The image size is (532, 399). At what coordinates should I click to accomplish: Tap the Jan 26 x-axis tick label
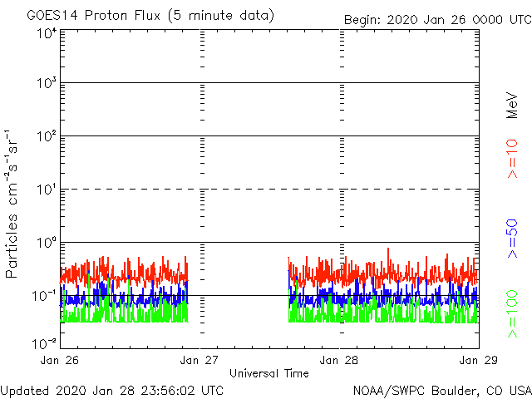pyautogui.click(x=61, y=360)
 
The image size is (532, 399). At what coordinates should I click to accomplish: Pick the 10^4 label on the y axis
pyautogui.click(x=45, y=33)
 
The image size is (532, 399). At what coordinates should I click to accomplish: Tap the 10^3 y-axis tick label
pyautogui.click(x=45, y=85)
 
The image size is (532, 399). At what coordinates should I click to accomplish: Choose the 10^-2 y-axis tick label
pyautogui.click(x=43, y=342)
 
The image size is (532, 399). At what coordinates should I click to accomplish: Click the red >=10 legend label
pyautogui.click(x=513, y=159)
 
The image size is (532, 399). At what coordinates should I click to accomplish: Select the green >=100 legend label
pyautogui.click(x=513, y=313)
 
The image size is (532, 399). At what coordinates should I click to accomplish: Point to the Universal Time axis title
pyautogui.click(x=269, y=373)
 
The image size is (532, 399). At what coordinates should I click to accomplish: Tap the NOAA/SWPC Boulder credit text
pyautogui.click(x=441, y=390)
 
